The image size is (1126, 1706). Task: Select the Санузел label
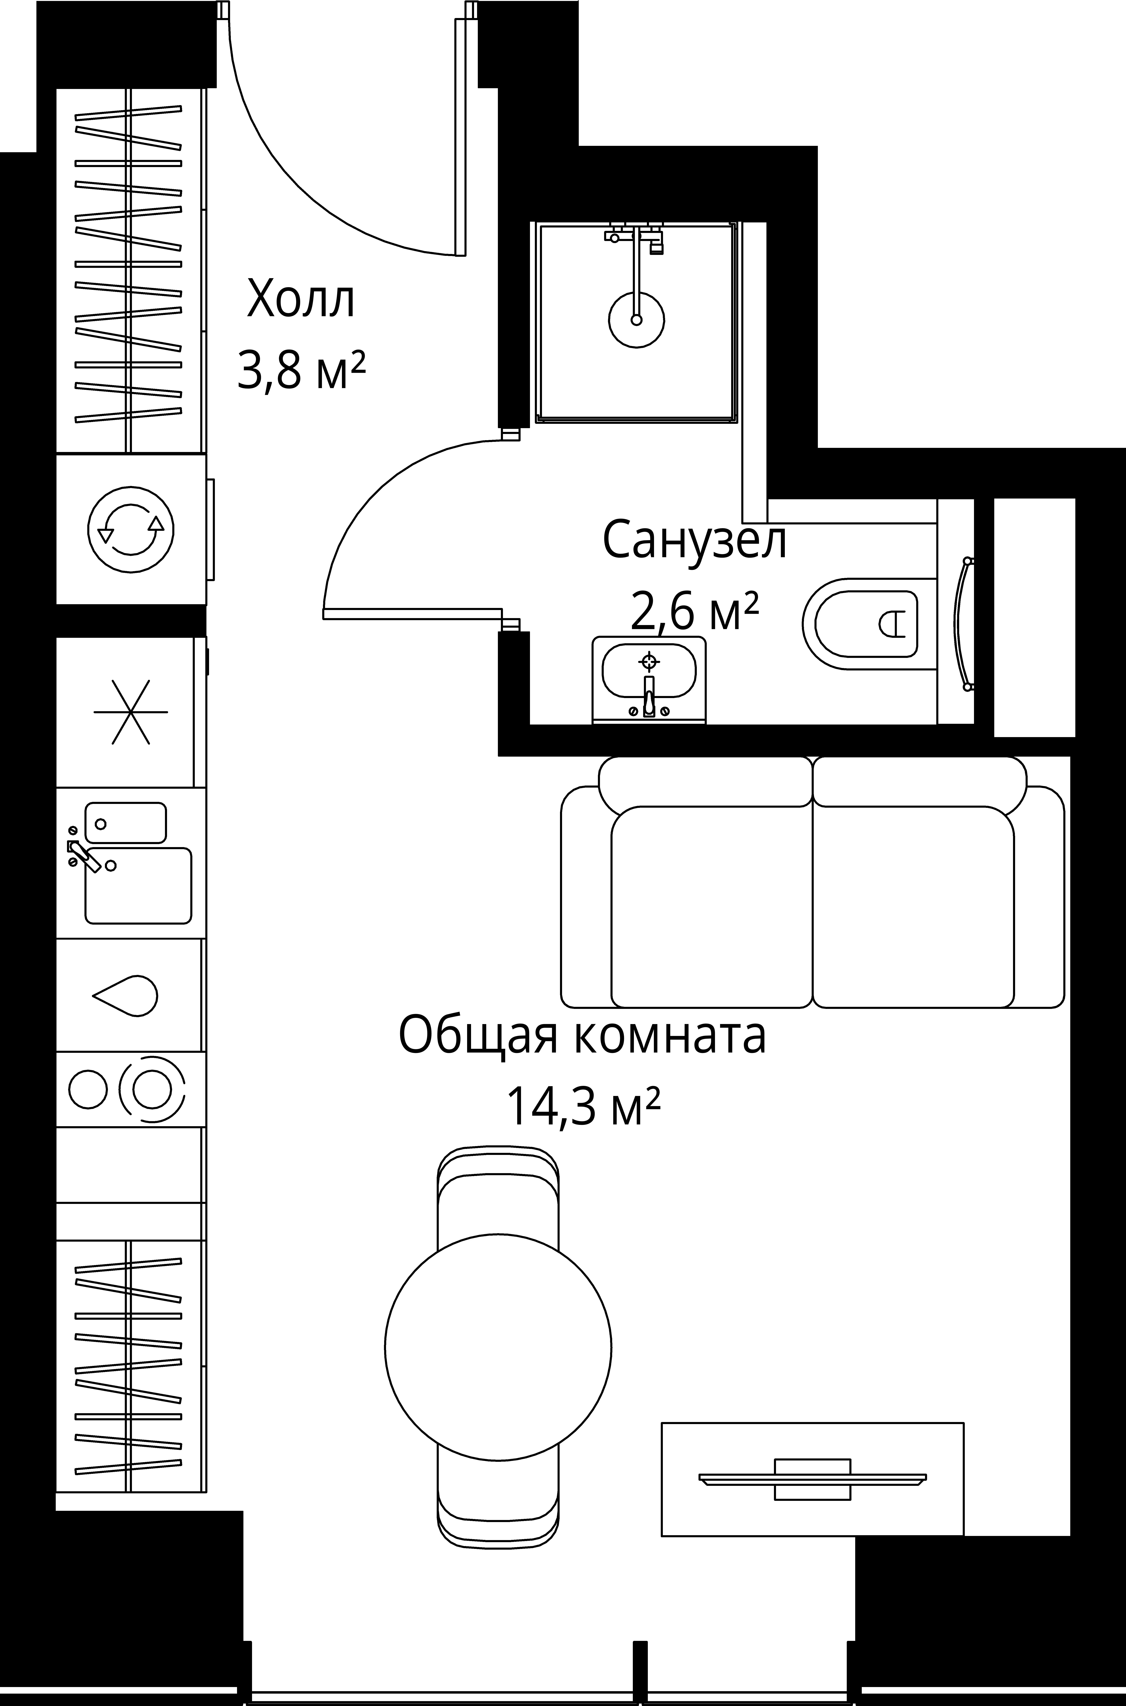694,540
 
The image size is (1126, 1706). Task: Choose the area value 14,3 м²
582,1107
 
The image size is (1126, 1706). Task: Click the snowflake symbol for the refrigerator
131,712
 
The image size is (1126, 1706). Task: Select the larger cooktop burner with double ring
151,1089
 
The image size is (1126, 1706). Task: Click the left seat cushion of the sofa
711,906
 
